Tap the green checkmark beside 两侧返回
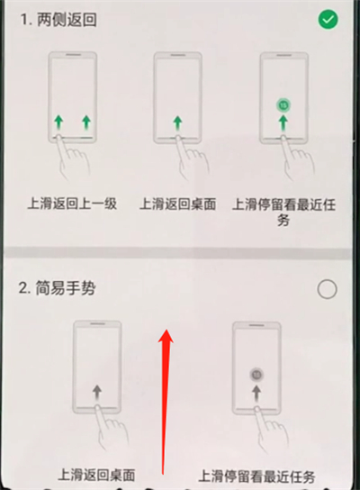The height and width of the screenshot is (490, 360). click(x=328, y=20)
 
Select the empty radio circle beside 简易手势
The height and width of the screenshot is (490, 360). click(x=328, y=288)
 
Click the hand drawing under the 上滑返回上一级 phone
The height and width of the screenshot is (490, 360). click(x=72, y=162)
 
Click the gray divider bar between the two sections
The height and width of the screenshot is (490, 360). click(x=180, y=251)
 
